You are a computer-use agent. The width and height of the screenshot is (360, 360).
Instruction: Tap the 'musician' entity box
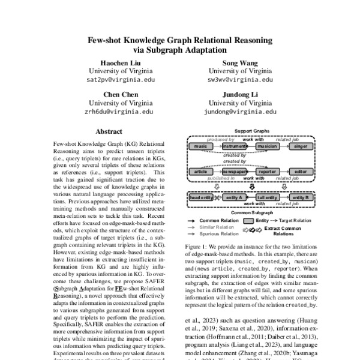pos(266,146)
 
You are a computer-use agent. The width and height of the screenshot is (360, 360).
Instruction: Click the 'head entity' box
pos(200,197)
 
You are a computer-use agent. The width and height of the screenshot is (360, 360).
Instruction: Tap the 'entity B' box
pos(299,197)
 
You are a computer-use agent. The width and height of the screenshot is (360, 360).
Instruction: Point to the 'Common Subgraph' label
pos(249,213)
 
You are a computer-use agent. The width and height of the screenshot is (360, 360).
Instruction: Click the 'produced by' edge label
pos(221,139)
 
